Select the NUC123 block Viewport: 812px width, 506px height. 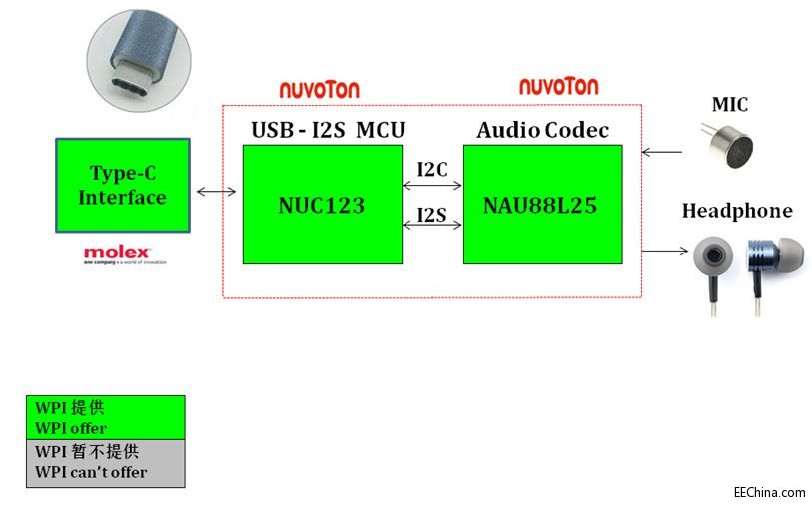322,205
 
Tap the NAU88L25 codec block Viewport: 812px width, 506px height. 542,205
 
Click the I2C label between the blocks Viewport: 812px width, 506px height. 432,169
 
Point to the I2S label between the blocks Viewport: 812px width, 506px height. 432,214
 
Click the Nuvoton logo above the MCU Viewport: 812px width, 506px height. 319,90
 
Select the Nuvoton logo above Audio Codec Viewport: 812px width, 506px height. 558,86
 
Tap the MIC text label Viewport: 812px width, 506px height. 729,105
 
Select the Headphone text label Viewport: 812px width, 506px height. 736,211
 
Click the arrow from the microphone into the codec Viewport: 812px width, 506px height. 662,153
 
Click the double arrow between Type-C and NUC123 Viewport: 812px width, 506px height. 217,191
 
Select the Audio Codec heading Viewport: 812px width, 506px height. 542,130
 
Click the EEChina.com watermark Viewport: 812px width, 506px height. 769,492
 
